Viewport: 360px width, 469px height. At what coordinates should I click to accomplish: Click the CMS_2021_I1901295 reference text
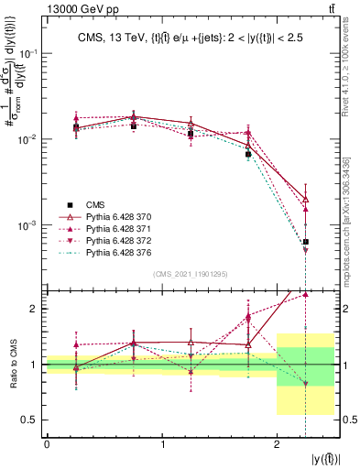click(189, 274)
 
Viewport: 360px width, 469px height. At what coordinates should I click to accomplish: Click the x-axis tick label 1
click(162, 445)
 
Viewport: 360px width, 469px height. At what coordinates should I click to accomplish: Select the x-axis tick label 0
click(47, 445)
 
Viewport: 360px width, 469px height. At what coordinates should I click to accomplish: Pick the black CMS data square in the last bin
click(305, 242)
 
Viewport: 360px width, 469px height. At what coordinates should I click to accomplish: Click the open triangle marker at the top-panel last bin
click(305, 199)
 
